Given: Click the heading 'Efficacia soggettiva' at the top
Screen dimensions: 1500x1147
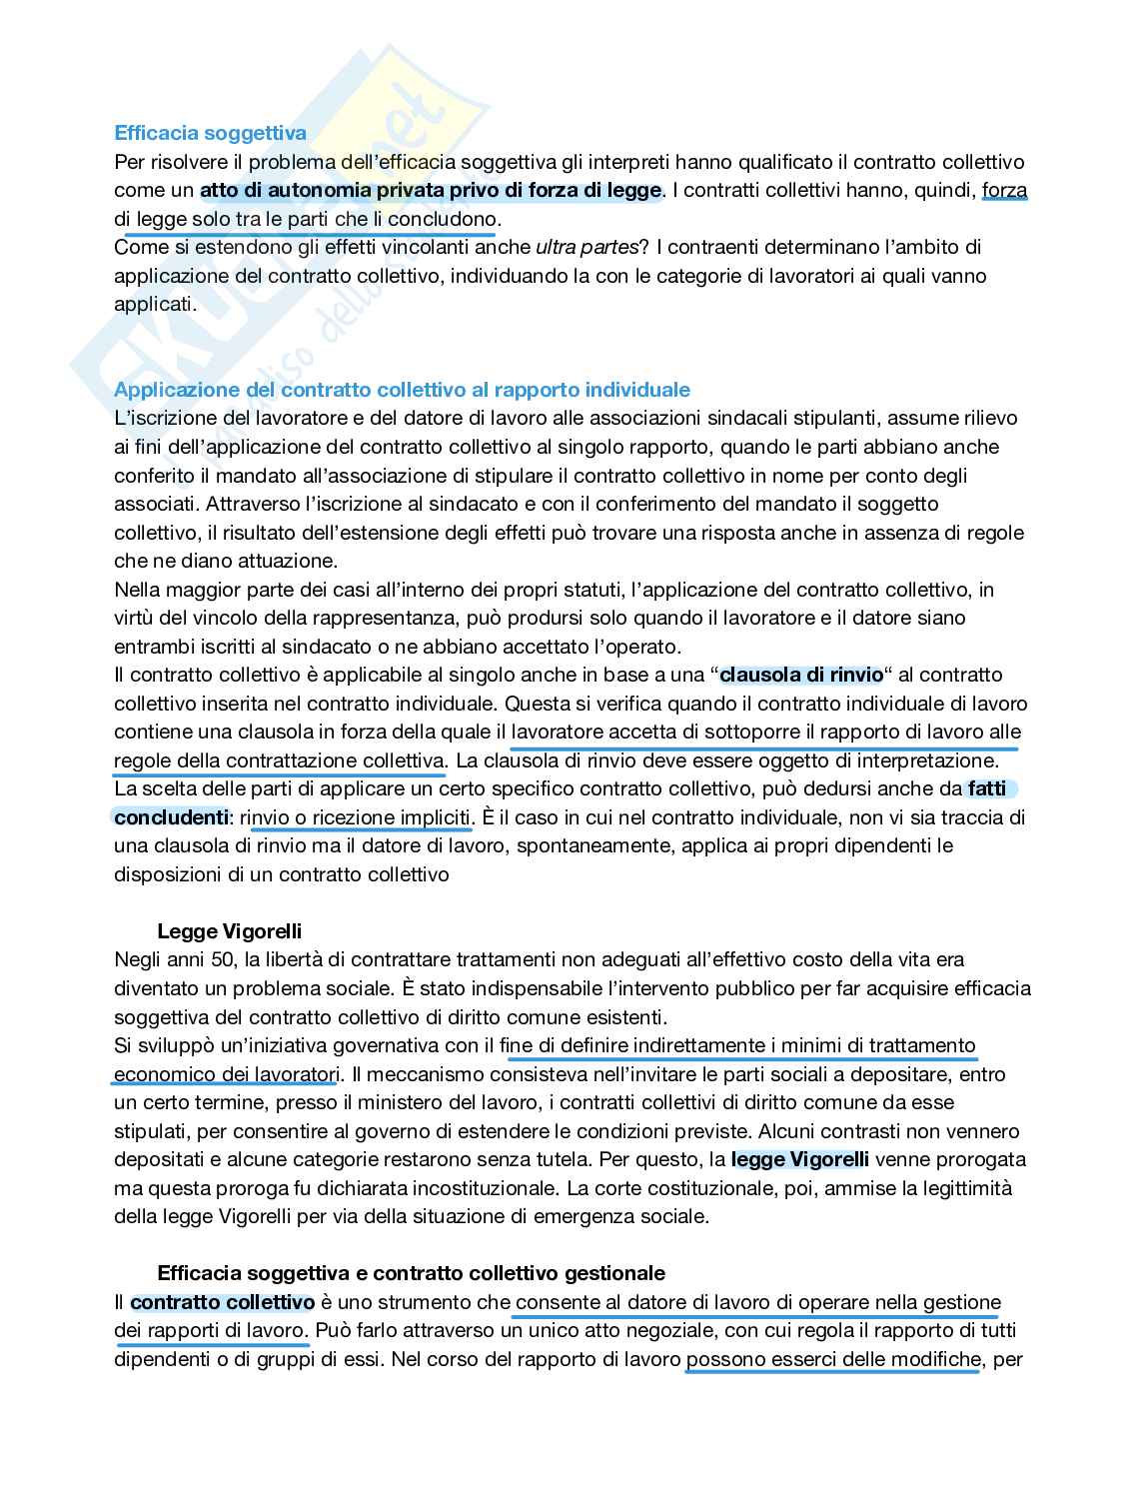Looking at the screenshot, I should coord(210,133).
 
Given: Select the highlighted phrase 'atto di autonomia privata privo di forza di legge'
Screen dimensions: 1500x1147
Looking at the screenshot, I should coord(430,190).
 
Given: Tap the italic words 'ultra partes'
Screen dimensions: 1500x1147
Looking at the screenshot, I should coord(585,247).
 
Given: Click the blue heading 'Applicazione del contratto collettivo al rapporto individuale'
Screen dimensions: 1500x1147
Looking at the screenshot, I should coord(402,390).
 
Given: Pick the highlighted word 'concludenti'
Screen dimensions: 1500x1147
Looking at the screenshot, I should coord(171,817).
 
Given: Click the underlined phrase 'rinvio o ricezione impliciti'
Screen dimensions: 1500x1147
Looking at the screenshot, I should coord(355,817).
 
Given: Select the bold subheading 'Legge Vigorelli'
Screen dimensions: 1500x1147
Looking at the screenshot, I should coord(229,932).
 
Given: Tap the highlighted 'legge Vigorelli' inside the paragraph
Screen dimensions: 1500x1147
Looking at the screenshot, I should coord(799,1160).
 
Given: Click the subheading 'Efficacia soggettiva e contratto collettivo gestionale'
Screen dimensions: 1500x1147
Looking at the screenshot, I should coord(411,1273).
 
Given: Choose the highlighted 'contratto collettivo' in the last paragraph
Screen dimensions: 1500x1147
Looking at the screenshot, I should coord(222,1302).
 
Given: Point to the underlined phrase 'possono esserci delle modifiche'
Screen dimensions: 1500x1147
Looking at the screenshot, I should coord(832,1359).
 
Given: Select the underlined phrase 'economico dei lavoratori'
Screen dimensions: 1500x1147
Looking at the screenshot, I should coord(226,1074).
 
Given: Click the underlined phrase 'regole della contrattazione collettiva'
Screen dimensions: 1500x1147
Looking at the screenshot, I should coord(279,760).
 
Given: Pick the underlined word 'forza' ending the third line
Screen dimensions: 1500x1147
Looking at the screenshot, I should coord(1004,190).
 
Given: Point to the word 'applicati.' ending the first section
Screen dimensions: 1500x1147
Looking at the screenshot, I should coord(155,304).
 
